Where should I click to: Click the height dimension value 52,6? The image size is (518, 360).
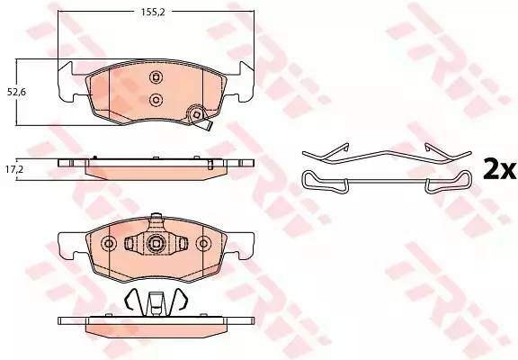[15, 90]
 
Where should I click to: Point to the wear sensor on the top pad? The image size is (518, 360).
[195, 116]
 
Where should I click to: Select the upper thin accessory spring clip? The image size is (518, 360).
[386, 153]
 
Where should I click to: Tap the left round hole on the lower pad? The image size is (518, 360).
[110, 243]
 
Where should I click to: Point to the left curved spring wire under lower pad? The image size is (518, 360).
[131, 301]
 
